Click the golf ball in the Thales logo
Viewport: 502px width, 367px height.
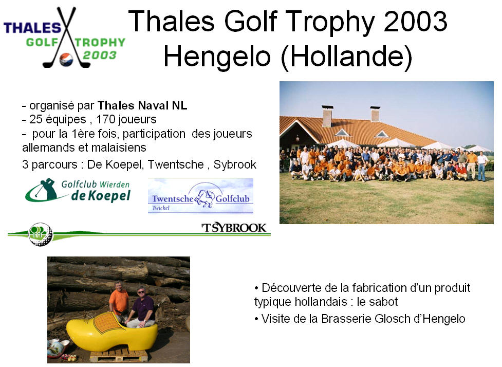[x=66, y=59]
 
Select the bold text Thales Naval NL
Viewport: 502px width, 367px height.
[x=142, y=105]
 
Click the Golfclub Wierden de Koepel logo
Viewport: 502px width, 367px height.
[x=78, y=191]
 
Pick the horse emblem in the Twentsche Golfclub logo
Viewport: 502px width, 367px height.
[x=204, y=198]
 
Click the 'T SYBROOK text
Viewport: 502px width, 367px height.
[x=234, y=228]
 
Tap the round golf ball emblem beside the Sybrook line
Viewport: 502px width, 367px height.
[x=40, y=234]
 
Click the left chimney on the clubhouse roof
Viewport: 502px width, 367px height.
[x=327, y=116]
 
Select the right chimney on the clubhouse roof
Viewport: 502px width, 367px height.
[x=375, y=114]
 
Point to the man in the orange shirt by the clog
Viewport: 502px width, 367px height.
[x=119, y=302]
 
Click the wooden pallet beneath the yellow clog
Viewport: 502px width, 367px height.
[x=119, y=355]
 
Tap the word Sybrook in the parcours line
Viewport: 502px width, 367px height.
[x=235, y=164]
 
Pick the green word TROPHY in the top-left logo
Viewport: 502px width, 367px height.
[x=100, y=42]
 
